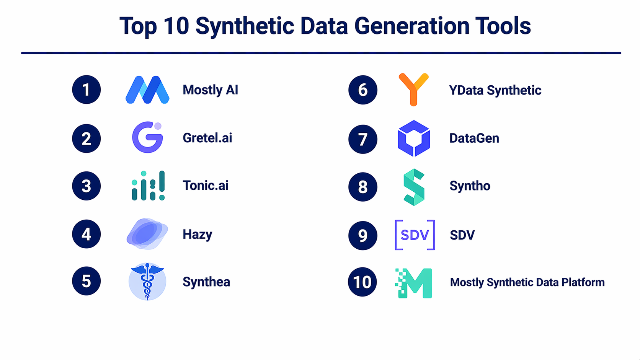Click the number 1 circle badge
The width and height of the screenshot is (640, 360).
87,90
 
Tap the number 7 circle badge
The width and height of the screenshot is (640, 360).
363,139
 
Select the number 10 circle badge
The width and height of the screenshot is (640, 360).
362,282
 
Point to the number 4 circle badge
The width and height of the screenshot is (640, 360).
87,234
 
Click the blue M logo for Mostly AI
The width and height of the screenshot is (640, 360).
147,90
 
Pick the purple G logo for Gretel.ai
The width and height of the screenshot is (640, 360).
147,137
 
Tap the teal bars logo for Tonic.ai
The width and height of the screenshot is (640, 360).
148,186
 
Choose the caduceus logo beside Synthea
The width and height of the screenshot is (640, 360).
147,282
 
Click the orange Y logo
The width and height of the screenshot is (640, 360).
413,90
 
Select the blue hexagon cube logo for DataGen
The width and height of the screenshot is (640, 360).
414,138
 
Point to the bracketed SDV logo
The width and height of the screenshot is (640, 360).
415,235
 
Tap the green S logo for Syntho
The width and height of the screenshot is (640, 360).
414,187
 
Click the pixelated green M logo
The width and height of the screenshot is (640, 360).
414,283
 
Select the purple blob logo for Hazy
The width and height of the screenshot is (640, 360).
147,234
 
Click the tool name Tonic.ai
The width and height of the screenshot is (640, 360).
206,186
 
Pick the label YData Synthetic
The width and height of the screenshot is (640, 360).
495,90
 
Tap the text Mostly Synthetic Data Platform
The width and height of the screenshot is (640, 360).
527,282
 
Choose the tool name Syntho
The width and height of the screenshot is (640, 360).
470,186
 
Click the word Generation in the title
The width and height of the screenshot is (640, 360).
411,26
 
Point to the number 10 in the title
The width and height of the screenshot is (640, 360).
176,26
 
